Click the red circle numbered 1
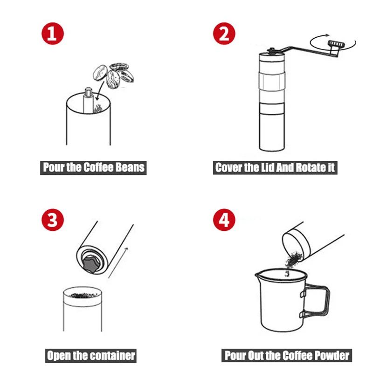click(53, 34)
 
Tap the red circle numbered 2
click(224, 34)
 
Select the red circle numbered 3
click(53, 220)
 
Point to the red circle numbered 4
click(224, 220)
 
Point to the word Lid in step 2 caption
click(268, 167)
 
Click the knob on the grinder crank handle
click(336, 44)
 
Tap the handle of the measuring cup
click(315, 300)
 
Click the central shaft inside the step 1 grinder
click(88, 100)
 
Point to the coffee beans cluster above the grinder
click(113, 76)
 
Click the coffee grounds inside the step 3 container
click(83, 295)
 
